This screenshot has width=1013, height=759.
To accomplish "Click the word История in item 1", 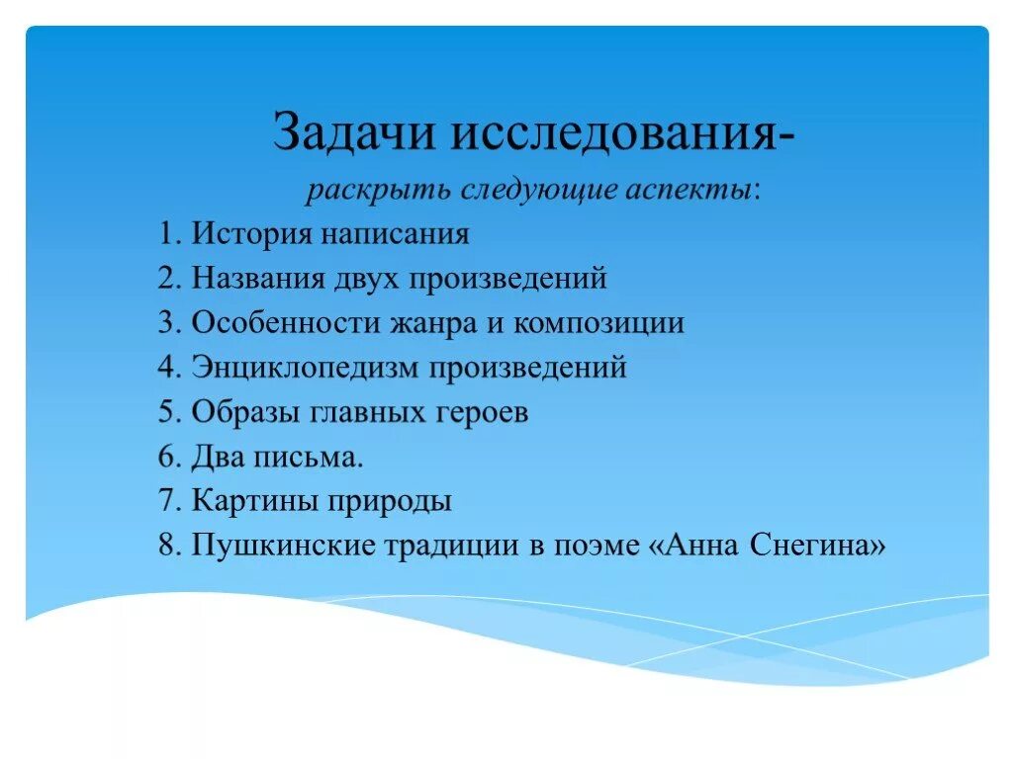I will click(x=250, y=235).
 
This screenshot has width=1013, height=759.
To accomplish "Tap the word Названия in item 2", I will click(x=258, y=279).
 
